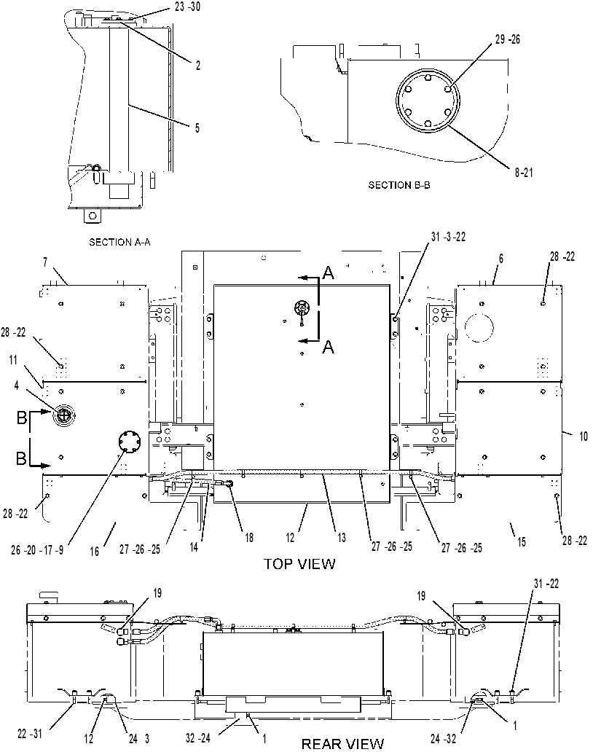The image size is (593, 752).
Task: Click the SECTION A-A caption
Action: [x=120, y=242]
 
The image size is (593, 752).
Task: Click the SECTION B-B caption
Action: [x=398, y=184]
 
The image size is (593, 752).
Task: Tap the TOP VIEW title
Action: [x=299, y=563]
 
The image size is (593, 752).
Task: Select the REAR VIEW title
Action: [x=343, y=744]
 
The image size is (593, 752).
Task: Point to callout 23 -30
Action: [x=187, y=7]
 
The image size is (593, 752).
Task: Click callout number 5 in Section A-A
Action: [x=197, y=128]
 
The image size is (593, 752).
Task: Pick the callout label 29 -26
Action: [x=508, y=40]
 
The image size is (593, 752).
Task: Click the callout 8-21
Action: [x=524, y=173]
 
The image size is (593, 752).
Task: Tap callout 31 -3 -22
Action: [x=448, y=238]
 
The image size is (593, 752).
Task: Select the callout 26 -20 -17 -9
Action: [x=37, y=550]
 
